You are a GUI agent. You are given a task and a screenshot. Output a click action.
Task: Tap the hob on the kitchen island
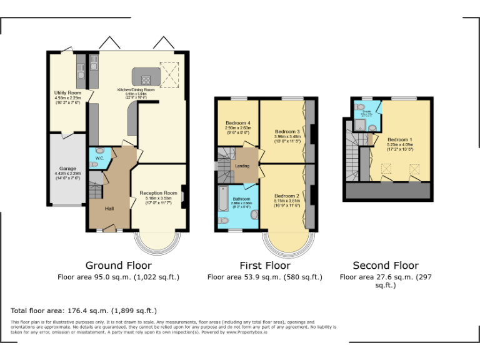pyautogui.click(x=146, y=79)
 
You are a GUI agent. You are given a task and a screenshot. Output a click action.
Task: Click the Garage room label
pyautogui.click(x=67, y=168)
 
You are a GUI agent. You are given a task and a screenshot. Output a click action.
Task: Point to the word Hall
pyautogui.click(x=109, y=208)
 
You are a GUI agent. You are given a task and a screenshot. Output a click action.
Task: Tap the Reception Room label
pyautogui.click(x=158, y=193)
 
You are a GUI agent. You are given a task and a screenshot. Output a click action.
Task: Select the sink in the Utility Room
pyautogui.click(x=81, y=73)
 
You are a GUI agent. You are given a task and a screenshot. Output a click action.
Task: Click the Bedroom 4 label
pyautogui.click(x=237, y=123)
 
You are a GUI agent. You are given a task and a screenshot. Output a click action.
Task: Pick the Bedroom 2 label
pyautogui.click(x=287, y=196)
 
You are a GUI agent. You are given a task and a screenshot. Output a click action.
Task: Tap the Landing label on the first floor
pyautogui.click(x=242, y=166)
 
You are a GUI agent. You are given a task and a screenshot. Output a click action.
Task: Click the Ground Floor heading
pyautogui.click(x=118, y=265)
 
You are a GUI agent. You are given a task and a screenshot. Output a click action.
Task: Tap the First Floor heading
pyautogui.click(x=265, y=265)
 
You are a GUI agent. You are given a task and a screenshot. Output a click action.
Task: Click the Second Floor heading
pyautogui.click(x=386, y=265)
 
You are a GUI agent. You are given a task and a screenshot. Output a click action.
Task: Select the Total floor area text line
pyautogui.click(x=84, y=311)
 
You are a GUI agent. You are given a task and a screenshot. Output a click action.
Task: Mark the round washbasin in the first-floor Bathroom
pyautogui.click(x=254, y=214)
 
